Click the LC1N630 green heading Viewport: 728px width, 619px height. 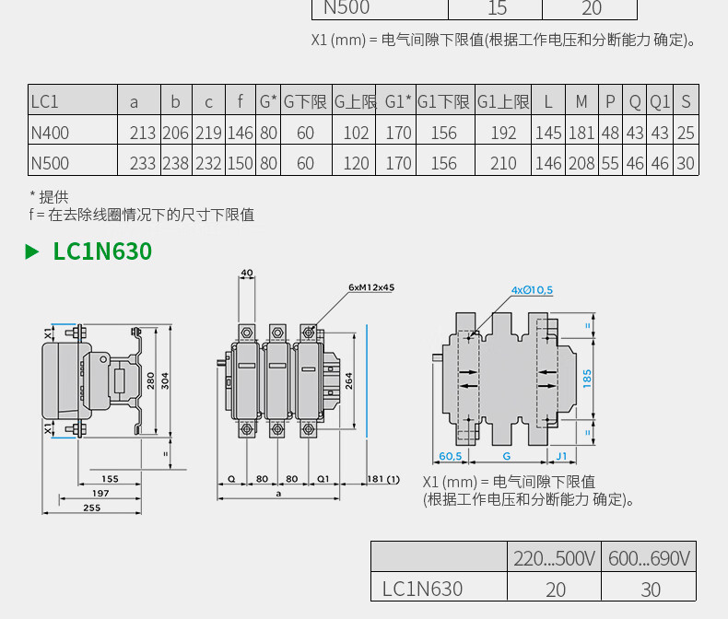click(102, 251)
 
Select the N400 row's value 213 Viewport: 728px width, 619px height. click(143, 134)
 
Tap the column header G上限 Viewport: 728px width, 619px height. click(355, 101)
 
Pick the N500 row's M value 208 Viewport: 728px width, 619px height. click(581, 163)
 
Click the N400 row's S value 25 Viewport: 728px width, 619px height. click(686, 134)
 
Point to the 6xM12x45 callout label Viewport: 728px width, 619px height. click(371, 287)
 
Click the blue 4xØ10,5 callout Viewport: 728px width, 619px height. click(532, 290)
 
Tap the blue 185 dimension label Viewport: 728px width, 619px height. click(587, 379)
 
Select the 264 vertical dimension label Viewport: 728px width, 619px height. click(348, 381)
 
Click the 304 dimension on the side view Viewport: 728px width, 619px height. click(165, 381)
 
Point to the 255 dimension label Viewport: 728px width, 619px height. click(92, 508)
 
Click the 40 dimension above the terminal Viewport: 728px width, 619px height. click(247, 273)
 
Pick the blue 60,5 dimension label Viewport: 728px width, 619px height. click(451, 456)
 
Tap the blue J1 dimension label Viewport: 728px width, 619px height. click(561, 456)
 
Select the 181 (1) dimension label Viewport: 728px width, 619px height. click(383, 479)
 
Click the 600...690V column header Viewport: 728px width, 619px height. click(649, 558)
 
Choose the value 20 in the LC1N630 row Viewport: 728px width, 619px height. click(556, 590)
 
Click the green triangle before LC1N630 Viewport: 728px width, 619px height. click(31, 251)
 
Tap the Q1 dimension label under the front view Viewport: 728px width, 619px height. click(323, 479)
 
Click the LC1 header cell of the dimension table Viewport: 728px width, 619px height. click(44, 101)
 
